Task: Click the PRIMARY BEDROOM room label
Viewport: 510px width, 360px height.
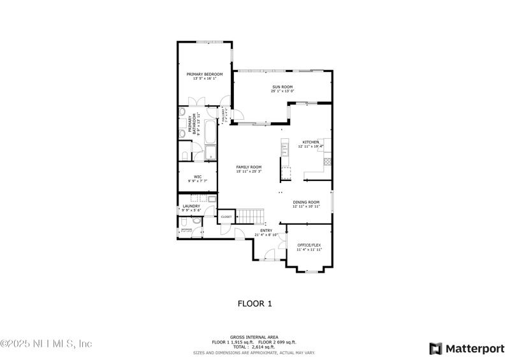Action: [x=205, y=75]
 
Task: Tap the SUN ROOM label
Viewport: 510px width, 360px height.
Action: [x=282, y=87]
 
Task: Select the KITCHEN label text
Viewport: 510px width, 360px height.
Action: [x=310, y=142]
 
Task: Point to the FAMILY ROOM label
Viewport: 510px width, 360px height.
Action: [x=249, y=167]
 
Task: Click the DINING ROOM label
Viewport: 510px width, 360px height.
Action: [x=306, y=202]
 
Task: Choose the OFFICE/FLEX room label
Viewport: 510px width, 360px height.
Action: [x=309, y=245]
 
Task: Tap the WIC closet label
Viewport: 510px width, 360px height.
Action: [x=198, y=176]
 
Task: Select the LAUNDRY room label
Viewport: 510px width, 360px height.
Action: [x=191, y=206]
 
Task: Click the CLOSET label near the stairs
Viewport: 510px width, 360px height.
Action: [x=226, y=217]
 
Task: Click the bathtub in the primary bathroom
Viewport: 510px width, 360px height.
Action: [x=210, y=131]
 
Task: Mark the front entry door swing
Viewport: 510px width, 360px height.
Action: [x=270, y=255]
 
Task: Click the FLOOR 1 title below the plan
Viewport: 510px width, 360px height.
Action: [x=255, y=303]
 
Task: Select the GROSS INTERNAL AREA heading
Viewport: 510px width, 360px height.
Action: [x=254, y=338]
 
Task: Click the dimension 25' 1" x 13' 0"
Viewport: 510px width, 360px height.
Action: [x=282, y=91]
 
